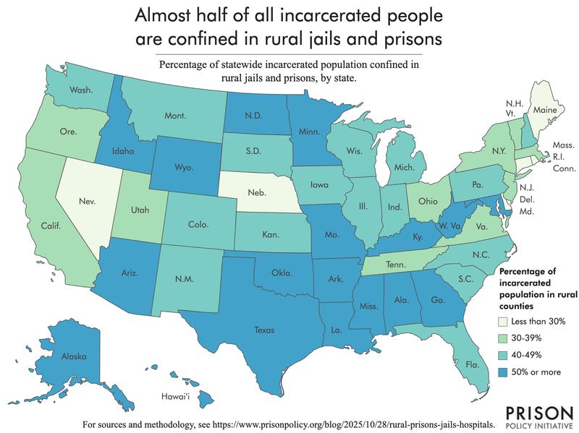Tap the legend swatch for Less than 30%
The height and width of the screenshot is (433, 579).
[506, 321]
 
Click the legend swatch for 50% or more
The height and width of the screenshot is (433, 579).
[506, 372]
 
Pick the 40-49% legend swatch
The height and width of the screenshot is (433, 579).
[506, 355]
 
